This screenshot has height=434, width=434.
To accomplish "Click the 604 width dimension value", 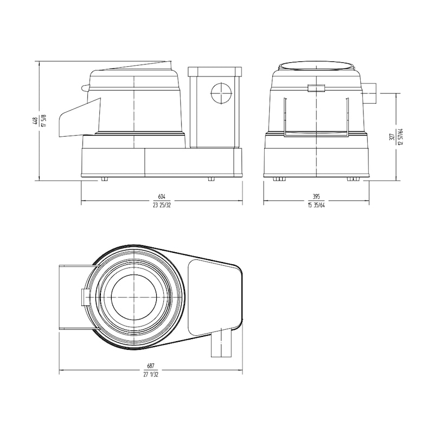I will pos(161,196).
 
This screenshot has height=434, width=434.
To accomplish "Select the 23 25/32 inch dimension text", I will pos(161,205).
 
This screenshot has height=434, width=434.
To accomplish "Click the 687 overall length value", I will pos(150,367).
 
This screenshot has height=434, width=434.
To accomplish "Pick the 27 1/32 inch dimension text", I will pos(150,375).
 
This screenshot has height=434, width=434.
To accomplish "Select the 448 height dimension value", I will pos(35,120).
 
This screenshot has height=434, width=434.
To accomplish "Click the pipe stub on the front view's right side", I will pos(372,93).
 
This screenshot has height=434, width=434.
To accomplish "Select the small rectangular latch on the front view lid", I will pos(315,88).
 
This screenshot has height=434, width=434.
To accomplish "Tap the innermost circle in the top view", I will pos(134,297).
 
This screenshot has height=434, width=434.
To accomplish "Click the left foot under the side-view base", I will pos(105,178).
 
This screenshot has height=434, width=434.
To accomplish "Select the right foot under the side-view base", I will pos(210,178).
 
